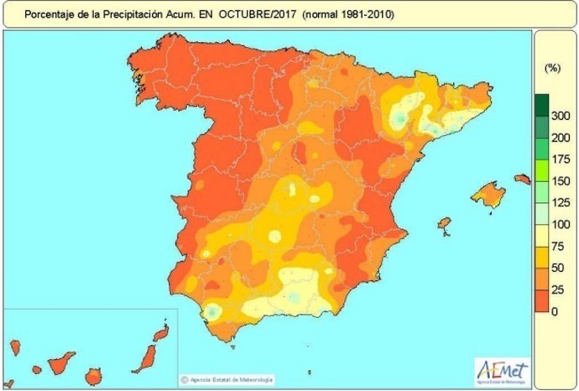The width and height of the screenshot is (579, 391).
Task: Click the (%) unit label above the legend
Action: click(552, 66)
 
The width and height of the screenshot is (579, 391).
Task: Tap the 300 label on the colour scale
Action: click(560, 116)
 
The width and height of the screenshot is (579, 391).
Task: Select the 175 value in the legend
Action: click(560, 159)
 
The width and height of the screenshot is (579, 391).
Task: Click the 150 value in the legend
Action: click(560, 181)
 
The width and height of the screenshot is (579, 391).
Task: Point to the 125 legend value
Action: click(560, 203)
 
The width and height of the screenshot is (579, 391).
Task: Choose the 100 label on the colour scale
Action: click(560, 225)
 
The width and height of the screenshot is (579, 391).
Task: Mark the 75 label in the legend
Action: click(556, 247)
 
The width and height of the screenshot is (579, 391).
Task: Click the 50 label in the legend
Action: click(556, 268)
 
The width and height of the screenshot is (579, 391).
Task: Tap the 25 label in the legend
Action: click(556, 290)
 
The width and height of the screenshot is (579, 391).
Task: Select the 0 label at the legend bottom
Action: click(554, 312)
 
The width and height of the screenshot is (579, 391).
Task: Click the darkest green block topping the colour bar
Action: click(541, 104)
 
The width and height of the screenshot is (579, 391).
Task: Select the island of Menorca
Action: click(522, 179)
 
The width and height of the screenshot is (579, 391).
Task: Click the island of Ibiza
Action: click(445, 226)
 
